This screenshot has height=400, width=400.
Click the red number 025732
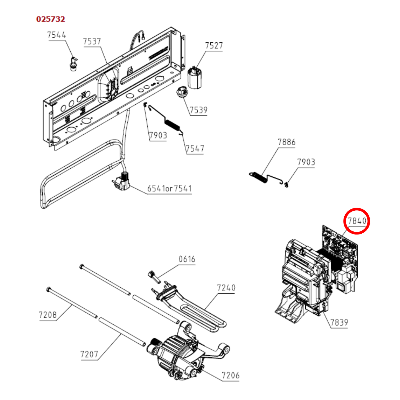[x=50, y=19]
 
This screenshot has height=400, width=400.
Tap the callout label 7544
[x=56, y=35]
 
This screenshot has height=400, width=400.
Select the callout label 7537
[x=92, y=41]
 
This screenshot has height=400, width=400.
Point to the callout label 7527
[x=214, y=46]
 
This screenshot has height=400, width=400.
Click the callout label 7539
[x=199, y=110]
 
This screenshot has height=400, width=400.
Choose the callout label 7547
[x=195, y=149]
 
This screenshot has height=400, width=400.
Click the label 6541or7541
[x=170, y=189]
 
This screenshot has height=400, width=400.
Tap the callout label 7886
[x=287, y=142]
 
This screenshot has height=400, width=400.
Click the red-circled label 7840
[x=357, y=221]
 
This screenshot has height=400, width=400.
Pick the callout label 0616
[x=187, y=259]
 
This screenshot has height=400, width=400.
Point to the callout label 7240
[x=226, y=288]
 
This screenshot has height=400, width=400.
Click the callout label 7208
[x=48, y=315]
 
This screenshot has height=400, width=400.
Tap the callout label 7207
[x=89, y=354]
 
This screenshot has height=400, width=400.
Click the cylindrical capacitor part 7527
[x=195, y=78]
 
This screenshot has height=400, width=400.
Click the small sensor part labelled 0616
[x=154, y=277]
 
